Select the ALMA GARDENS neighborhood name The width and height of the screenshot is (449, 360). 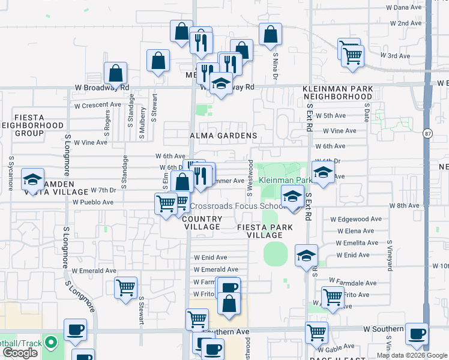224,136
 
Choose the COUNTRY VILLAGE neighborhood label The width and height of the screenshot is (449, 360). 201,223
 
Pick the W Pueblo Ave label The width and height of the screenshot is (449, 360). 93,202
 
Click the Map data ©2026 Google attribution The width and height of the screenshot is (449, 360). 412,355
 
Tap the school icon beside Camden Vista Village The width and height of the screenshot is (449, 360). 32,178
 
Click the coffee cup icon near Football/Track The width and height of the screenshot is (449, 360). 76,329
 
